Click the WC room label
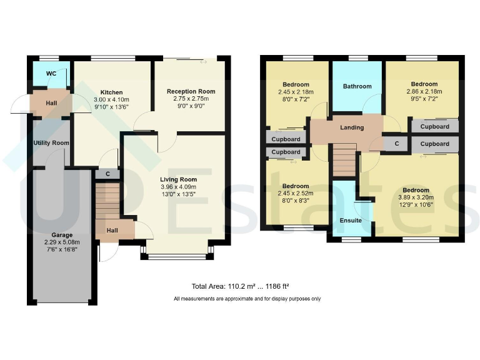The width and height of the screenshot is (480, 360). pos(51,73)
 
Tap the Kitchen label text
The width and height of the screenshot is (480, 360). pos(111,92)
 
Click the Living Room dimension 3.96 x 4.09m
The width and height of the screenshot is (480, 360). pos(178,187)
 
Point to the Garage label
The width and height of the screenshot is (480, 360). pos(62,235)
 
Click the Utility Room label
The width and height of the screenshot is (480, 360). pos(51,142)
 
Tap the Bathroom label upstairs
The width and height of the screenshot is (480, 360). pos(357,86)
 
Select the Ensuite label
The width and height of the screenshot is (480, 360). pos(350,220)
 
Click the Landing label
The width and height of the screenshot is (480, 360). pos(352,127)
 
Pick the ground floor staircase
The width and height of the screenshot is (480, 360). pos(106,200)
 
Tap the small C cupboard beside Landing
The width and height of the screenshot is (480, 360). pos(396,143)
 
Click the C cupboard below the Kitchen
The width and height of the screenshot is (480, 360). pos(107,174)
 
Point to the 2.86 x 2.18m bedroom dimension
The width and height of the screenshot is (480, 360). pos(424,92)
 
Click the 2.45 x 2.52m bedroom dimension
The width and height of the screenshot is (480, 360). pos(296,194)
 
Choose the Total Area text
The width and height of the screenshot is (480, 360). pos(240,287)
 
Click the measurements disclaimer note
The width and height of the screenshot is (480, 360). pos(247,299)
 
